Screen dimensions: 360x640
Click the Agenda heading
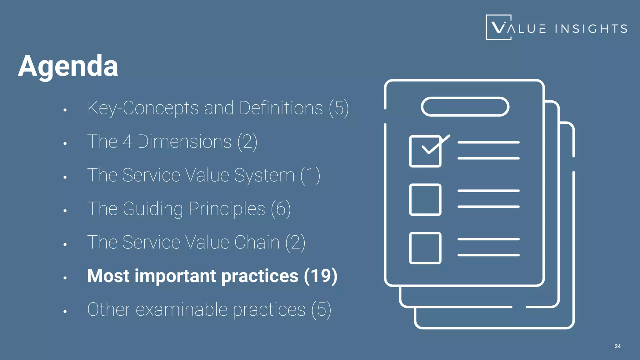pos(68,66)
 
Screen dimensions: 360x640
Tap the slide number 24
pos(617,346)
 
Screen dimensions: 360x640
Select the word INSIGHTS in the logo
pos(591,29)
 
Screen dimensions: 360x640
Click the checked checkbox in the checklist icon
pos(425,151)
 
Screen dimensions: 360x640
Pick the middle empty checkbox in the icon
pos(425,200)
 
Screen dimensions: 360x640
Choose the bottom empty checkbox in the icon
pos(425,248)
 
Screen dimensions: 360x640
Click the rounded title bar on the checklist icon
pos(465,107)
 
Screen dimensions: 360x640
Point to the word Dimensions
pos(184,142)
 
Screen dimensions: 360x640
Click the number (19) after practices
pos(321,276)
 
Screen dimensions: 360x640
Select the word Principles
pos(227,209)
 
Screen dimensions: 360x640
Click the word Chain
pos(257,242)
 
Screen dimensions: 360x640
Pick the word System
pos(264,175)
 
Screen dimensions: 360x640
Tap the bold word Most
pos(108,276)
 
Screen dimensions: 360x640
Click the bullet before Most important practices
pos(65,278)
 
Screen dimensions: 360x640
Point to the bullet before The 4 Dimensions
pos(65,144)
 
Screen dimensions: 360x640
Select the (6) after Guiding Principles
pos(281,209)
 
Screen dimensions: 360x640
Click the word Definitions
pos(281,108)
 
